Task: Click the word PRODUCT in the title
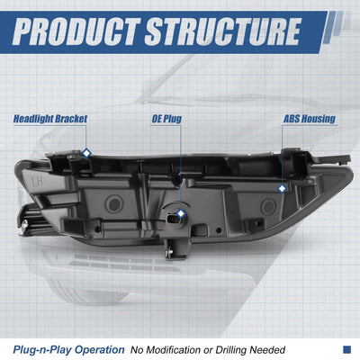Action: click(x=76, y=31)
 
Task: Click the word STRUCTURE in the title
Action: click(x=222, y=31)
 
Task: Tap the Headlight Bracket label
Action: click(x=50, y=119)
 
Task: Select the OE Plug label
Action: click(x=166, y=119)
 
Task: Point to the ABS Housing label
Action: click(x=310, y=119)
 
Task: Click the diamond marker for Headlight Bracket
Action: click(x=86, y=153)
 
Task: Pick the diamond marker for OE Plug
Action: click(x=181, y=213)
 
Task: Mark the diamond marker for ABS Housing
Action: click(x=282, y=189)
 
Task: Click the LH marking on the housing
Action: click(x=38, y=181)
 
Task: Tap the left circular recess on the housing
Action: click(x=114, y=204)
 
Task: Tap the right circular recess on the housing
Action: click(x=268, y=206)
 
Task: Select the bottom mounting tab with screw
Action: click(x=176, y=248)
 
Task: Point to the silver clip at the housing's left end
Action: click(x=23, y=228)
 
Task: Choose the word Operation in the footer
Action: click(x=99, y=350)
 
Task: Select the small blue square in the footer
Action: click(x=346, y=349)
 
